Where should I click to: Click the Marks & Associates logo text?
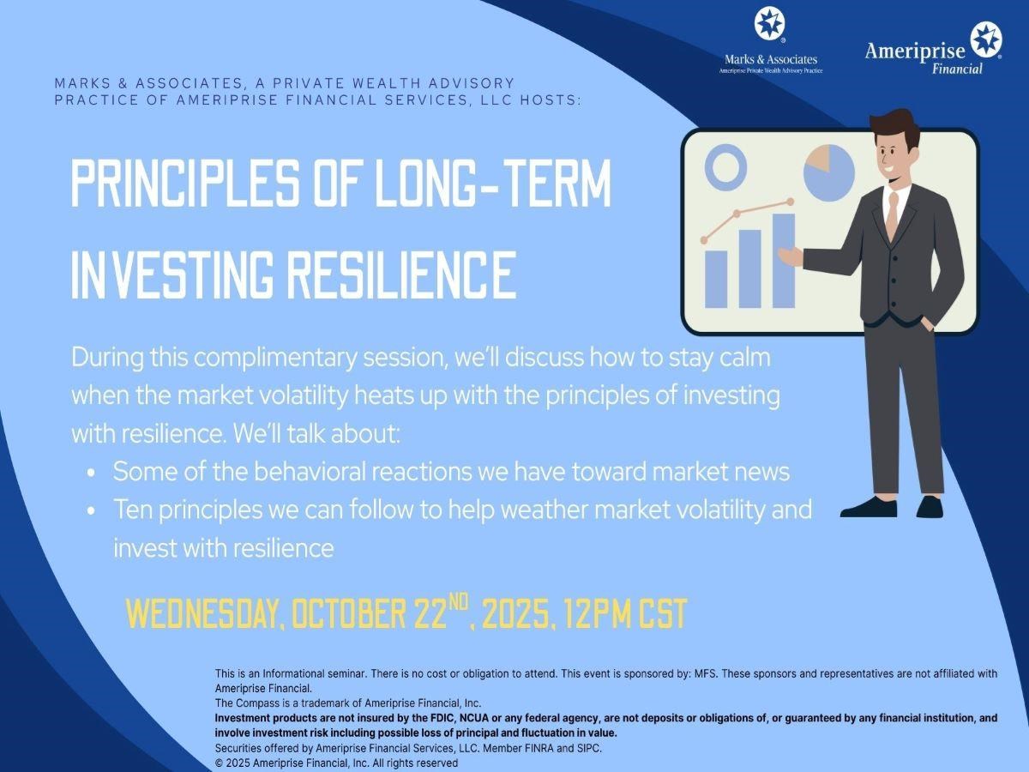click(771, 59)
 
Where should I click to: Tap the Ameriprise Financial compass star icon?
click(986, 40)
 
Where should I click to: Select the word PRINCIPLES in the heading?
click(184, 182)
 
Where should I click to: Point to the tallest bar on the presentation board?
click(784, 261)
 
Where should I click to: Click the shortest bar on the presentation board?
click(716, 280)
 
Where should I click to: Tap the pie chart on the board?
click(829, 172)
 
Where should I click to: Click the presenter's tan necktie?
click(892, 215)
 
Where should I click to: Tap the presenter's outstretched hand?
click(791, 256)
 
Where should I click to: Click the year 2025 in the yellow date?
click(514, 613)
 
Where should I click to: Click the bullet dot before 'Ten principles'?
click(92, 511)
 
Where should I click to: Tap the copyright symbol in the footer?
click(220, 763)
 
